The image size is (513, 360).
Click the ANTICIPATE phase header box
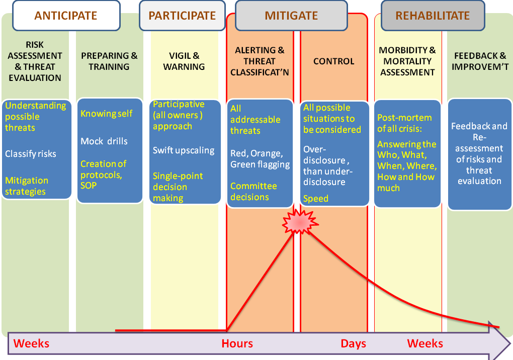(x=66, y=15)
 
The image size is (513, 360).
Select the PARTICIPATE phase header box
(x=182, y=15)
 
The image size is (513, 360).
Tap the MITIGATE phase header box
(x=291, y=15)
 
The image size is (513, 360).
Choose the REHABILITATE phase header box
(x=433, y=15)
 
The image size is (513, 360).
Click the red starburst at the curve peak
(x=300, y=221)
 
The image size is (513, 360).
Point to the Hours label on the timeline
(x=237, y=344)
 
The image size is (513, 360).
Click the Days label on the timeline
(x=354, y=344)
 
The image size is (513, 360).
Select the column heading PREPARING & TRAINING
(x=109, y=61)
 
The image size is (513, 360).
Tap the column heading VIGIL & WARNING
(x=184, y=61)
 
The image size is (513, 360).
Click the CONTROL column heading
(x=333, y=61)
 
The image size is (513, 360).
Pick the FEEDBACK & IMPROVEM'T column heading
(x=480, y=61)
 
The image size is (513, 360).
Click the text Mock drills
(x=104, y=141)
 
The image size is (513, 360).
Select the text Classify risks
(x=31, y=154)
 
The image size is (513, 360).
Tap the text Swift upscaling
(x=184, y=150)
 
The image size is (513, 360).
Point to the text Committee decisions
(x=253, y=192)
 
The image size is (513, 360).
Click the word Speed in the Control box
(x=316, y=199)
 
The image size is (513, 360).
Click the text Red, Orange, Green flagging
(x=260, y=159)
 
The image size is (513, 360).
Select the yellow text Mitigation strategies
(x=27, y=186)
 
